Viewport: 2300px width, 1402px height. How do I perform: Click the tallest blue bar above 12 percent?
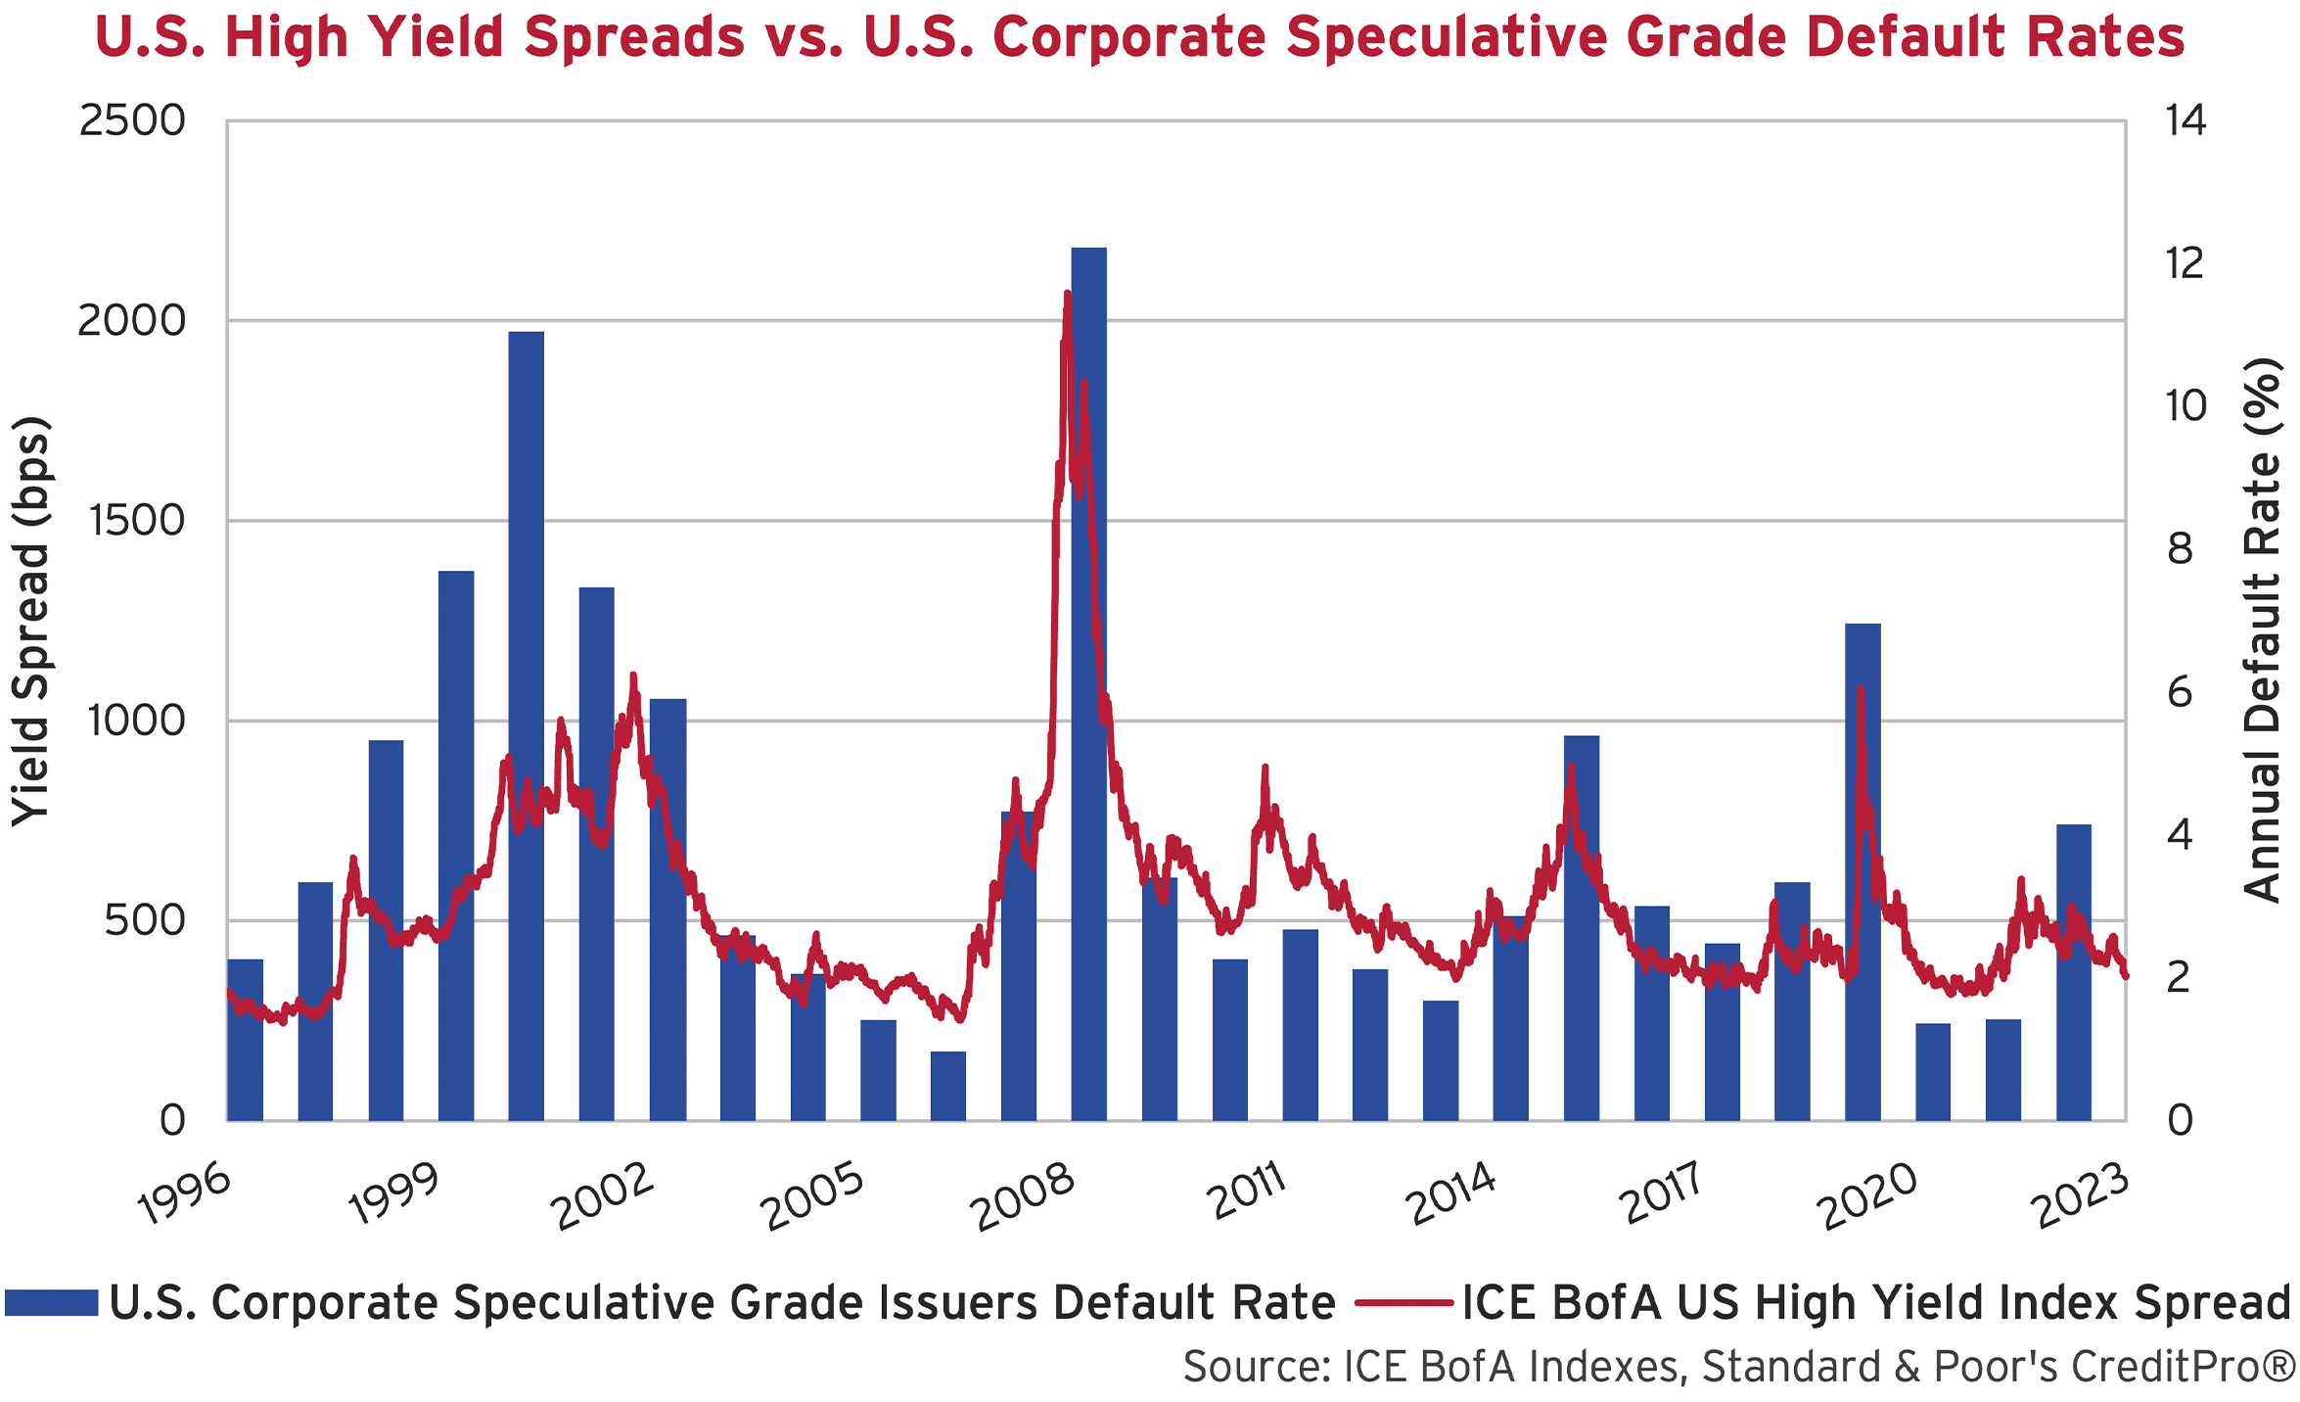pyautogui.click(x=1088, y=685)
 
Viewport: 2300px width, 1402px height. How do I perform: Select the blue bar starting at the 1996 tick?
pyautogui.click(x=245, y=1040)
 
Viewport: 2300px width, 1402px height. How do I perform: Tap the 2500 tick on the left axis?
pyautogui.click(x=132, y=121)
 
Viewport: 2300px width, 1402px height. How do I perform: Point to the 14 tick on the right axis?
pyautogui.click(x=2185, y=121)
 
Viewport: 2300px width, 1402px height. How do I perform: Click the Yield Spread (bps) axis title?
pyautogui.click(x=31, y=621)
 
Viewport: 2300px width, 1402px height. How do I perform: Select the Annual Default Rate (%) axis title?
pyautogui.click(x=2263, y=630)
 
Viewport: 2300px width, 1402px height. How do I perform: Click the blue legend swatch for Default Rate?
pyautogui.click(x=51, y=1303)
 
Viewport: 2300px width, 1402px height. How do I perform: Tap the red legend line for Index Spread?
pyautogui.click(x=1403, y=1303)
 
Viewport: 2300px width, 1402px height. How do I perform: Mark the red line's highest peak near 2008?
pyautogui.click(x=1067, y=294)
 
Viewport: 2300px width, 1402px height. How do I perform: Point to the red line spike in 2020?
pyautogui.click(x=1860, y=690)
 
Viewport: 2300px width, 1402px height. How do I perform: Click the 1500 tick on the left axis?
pyautogui.click(x=137, y=521)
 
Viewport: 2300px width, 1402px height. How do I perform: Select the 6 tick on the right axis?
pyautogui.click(x=2180, y=693)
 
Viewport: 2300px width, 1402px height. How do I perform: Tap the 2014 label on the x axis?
pyautogui.click(x=1452, y=1194)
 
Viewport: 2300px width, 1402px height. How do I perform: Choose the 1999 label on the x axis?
pyautogui.click(x=394, y=1194)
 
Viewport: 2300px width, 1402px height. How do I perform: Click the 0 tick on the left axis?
pyautogui.click(x=172, y=1120)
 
